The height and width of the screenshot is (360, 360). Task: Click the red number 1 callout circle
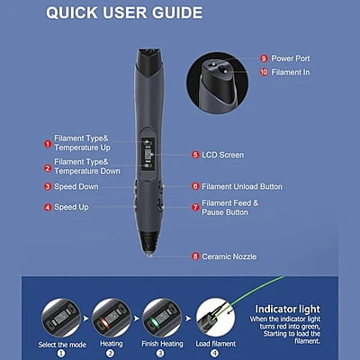point(48,143)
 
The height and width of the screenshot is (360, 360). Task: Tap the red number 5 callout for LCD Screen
point(195,155)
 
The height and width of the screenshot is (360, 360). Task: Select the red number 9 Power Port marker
point(264,58)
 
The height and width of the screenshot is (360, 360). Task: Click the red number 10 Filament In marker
point(264,72)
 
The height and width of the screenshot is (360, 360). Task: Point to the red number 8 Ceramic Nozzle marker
point(195,256)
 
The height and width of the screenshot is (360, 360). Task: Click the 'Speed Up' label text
point(71,207)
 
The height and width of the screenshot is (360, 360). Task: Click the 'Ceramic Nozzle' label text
point(229,256)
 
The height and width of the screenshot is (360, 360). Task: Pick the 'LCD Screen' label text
point(221,155)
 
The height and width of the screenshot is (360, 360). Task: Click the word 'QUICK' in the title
point(77,13)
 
